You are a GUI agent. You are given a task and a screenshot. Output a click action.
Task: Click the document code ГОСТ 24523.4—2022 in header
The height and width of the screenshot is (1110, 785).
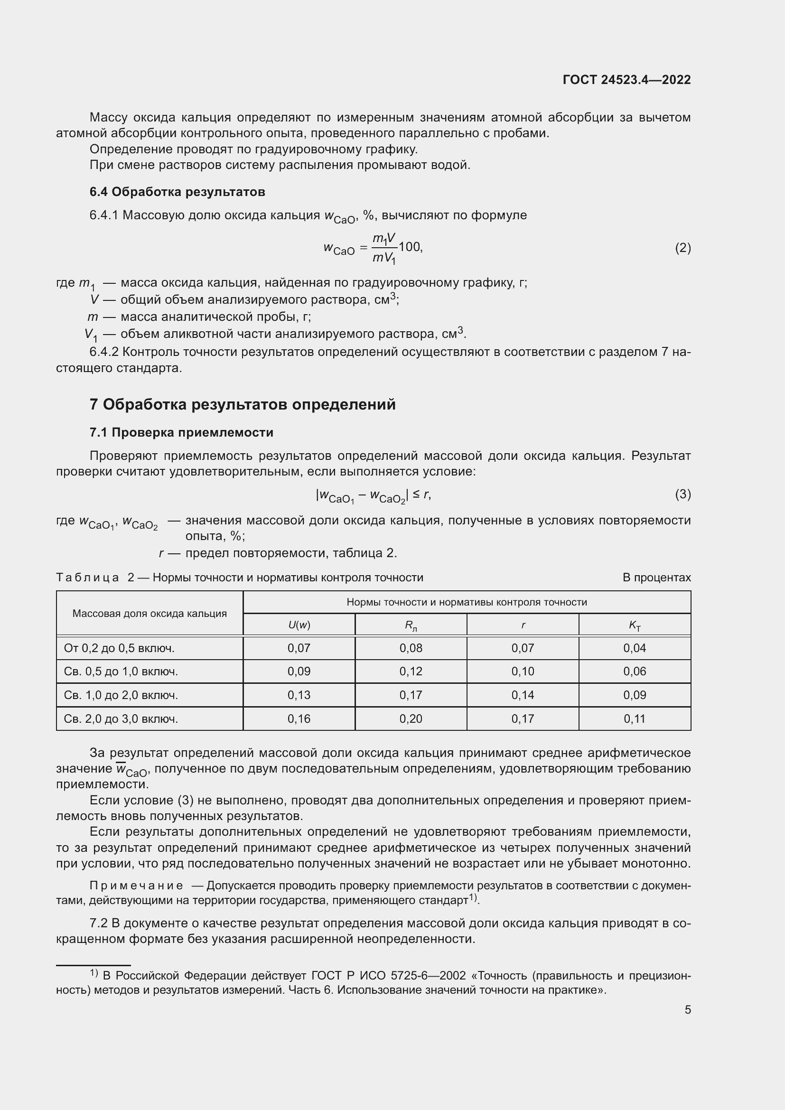(x=626, y=80)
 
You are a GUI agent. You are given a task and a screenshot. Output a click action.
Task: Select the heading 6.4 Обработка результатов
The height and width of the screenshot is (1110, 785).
(x=177, y=192)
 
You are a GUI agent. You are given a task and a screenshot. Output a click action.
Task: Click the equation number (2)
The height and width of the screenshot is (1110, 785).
(x=682, y=248)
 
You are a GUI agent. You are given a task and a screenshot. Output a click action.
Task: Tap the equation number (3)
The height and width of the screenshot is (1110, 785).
(x=682, y=494)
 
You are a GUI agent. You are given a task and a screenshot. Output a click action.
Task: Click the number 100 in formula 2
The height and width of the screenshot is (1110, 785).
(x=410, y=247)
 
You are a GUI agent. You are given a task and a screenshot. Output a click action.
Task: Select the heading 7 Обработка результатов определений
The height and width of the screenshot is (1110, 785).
(x=242, y=404)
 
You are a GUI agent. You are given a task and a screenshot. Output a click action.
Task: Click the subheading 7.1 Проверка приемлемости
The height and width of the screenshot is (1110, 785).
(x=181, y=432)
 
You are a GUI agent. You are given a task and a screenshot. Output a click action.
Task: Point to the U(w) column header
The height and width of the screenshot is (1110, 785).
(x=299, y=625)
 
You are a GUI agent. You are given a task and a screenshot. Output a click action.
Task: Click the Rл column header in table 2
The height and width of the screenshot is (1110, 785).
(x=411, y=625)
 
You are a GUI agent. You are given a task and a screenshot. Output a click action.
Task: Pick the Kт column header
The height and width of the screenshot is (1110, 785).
(x=634, y=625)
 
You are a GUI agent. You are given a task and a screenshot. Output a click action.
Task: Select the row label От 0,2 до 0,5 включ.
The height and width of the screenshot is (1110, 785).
(x=119, y=648)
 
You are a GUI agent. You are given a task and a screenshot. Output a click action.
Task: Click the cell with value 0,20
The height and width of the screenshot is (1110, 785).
(x=411, y=719)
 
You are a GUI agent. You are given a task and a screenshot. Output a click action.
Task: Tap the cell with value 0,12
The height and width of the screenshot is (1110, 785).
(x=411, y=672)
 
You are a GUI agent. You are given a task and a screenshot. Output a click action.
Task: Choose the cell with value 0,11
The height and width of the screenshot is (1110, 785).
(x=634, y=719)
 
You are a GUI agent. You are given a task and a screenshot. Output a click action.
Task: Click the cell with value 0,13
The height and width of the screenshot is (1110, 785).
(x=299, y=695)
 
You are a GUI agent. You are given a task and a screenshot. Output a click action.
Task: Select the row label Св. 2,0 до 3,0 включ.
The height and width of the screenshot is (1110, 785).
(x=121, y=719)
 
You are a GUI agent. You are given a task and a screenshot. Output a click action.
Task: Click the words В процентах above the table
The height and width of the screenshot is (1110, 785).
(x=656, y=578)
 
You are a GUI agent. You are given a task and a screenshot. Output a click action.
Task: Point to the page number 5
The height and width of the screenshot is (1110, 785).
(x=687, y=1010)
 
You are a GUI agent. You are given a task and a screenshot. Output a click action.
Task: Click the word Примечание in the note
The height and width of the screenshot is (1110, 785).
(x=136, y=886)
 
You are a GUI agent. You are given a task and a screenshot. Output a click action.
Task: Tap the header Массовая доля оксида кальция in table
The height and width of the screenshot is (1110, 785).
(x=150, y=614)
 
